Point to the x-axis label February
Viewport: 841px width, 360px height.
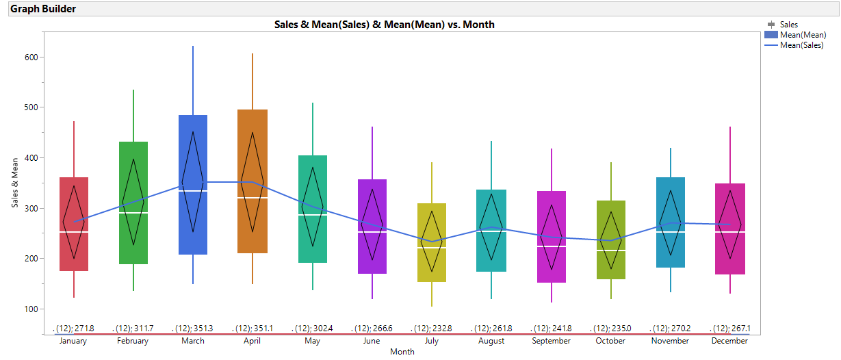133,341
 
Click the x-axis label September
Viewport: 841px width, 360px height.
552,341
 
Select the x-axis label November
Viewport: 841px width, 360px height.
670,341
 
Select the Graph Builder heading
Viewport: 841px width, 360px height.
43,9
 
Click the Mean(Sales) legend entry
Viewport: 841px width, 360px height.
801,46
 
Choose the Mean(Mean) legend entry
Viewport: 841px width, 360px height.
803,35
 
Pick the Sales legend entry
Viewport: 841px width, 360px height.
788,25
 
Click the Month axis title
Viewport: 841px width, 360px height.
402,352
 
